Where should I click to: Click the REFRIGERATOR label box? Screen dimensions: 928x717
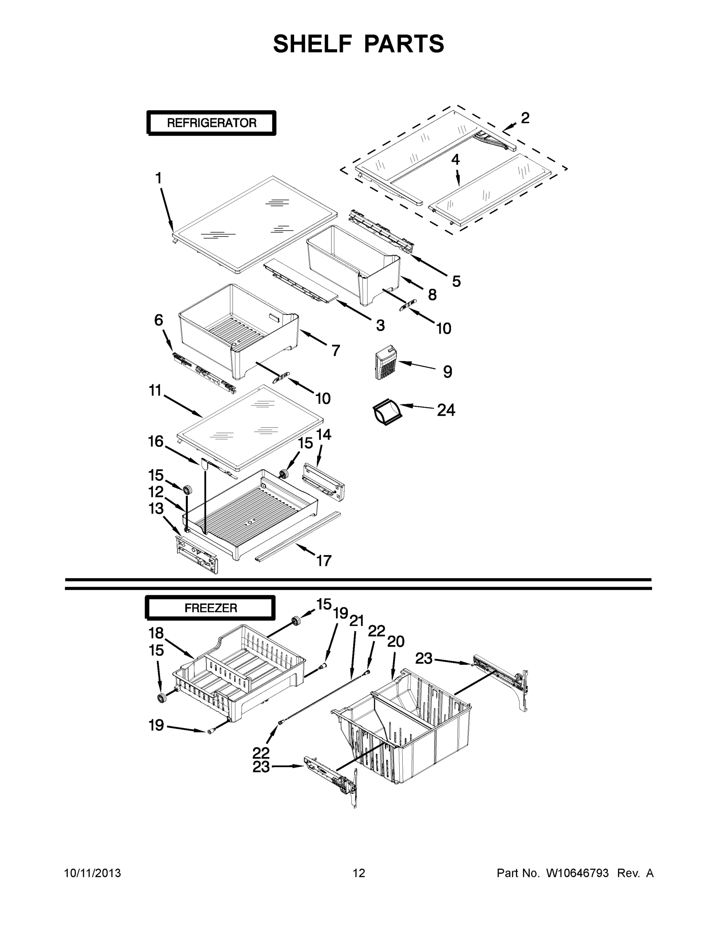coord(211,123)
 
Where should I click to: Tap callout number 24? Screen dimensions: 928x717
coord(446,410)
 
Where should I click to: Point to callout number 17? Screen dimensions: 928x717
coord(324,561)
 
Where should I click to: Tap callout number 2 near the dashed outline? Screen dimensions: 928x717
coord(525,118)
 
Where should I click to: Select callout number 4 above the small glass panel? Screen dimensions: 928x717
coord(455,160)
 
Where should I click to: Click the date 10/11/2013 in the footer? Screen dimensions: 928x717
coord(93,873)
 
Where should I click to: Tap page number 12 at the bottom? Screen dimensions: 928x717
coord(359,873)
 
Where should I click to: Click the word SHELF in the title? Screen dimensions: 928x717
coord(312,44)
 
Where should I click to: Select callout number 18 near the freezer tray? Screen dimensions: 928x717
coord(156,633)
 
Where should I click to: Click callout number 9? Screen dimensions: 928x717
coord(447,372)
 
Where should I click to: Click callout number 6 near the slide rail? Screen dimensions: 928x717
coord(158,320)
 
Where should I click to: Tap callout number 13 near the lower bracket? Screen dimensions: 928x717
coord(156,508)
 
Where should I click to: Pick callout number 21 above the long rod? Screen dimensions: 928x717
coord(356,621)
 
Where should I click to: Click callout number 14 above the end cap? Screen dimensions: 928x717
coord(324,435)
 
